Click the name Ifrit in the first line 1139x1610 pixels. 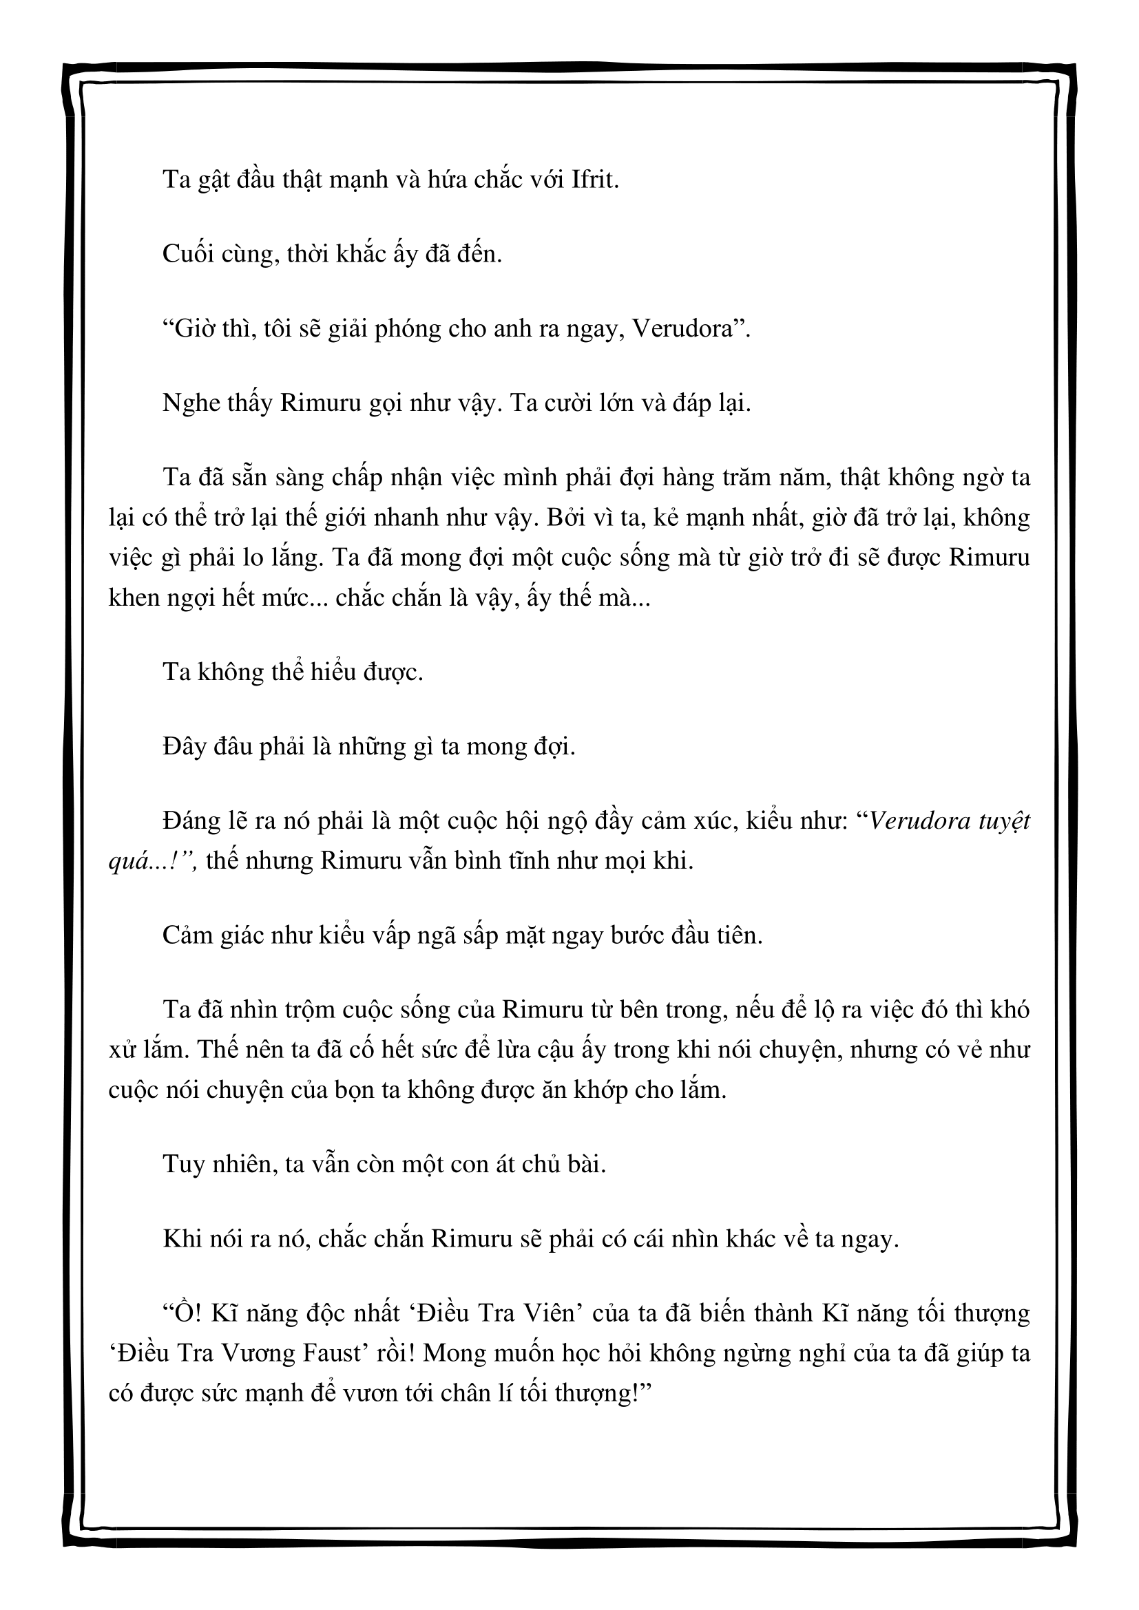596,180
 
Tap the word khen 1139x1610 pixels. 132,598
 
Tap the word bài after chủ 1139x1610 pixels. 586,1165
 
